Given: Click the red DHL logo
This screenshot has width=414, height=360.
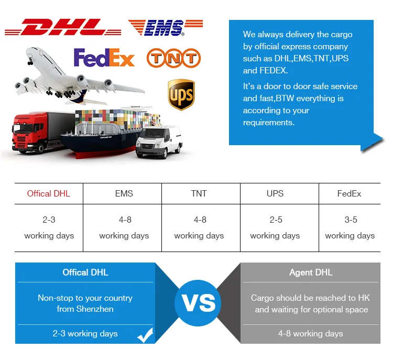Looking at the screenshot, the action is [x=63, y=27].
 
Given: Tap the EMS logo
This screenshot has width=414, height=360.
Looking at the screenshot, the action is [x=166, y=27].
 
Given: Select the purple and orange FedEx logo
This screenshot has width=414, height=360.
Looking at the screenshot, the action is [x=104, y=57].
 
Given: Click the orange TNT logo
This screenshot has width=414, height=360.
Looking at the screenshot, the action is [x=174, y=58].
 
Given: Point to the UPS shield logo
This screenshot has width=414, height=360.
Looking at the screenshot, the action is [x=181, y=94].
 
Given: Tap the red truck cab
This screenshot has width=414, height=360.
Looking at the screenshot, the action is [x=29, y=132].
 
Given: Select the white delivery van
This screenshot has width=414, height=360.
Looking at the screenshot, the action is [x=159, y=141].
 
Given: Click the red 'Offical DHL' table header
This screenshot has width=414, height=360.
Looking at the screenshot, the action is [x=49, y=193].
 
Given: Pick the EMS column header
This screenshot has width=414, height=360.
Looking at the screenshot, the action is [x=124, y=193].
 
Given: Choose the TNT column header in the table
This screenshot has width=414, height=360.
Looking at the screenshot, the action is [x=199, y=193].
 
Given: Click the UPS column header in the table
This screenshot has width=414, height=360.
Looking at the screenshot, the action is [x=275, y=193].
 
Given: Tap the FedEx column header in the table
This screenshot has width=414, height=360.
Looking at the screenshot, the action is [x=349, y=193].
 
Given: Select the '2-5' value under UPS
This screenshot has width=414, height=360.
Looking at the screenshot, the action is [x=276, y=220].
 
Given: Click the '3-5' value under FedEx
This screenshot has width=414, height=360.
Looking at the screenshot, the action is [x=351, y=220].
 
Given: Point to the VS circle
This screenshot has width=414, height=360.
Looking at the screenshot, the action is [x=198, y=303].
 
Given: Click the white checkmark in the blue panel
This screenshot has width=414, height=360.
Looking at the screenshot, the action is [x=145, y=335].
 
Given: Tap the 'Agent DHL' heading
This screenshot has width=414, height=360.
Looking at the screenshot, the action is [x=311, y=272].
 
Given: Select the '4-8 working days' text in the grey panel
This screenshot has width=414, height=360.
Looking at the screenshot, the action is [x=310, y=334].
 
